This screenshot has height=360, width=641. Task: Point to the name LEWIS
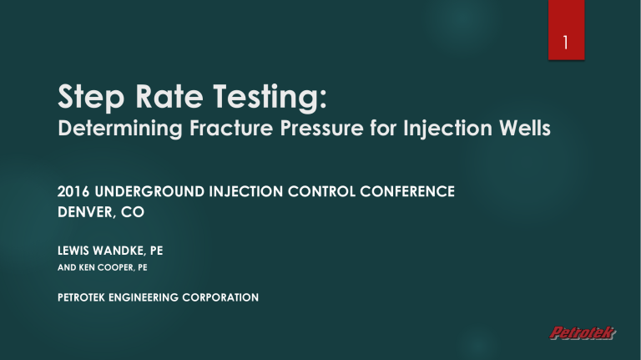click(x=77, y=248)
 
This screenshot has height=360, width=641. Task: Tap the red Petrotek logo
click(x=581, y=334)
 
